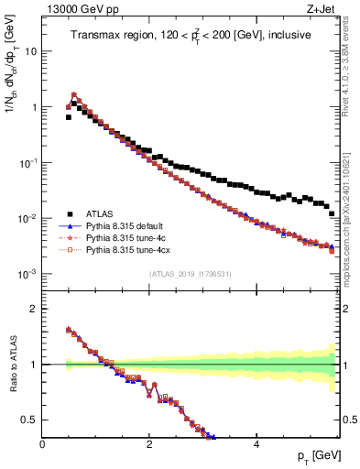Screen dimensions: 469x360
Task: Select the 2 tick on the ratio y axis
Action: point(34,309)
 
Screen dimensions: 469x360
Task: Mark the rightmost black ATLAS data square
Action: point(333,240)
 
